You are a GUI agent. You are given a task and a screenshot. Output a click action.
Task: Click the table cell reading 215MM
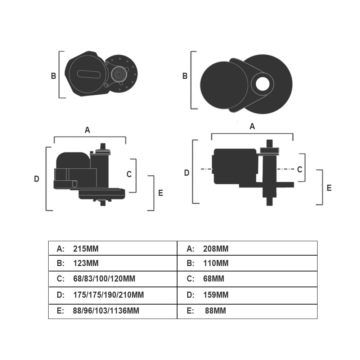pos(86,249)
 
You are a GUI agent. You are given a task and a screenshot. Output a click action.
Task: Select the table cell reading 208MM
pos(216,249)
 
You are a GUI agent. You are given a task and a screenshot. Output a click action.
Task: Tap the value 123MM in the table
pos(86,263)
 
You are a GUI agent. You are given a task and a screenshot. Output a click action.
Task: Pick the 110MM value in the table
pos(216,263)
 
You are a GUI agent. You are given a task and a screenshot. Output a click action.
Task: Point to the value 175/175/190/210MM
pos(108,295)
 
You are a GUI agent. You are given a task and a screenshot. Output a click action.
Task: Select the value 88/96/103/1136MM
pos(106,311)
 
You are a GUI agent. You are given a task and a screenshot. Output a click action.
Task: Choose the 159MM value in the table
pos(216,295)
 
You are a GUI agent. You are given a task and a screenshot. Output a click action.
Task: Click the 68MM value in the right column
pos(213,279)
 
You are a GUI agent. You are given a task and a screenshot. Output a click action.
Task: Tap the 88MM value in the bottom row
pos(215,311)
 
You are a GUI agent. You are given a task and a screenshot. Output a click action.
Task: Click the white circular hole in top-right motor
pos(263,84)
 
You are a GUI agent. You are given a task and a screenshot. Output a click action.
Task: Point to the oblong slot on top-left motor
pos(89,74)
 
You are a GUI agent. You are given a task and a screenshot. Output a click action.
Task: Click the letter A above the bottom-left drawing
pos(87,130)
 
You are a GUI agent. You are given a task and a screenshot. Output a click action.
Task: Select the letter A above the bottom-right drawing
pos(252,126)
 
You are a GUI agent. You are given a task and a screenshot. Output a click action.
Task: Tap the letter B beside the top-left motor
pos(53,76)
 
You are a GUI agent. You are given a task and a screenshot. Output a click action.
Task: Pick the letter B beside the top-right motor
pos(185,76)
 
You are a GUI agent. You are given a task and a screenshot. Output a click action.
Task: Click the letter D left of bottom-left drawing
pos(36,179)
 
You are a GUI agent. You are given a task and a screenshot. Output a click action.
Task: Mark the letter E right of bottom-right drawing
pos(329,188)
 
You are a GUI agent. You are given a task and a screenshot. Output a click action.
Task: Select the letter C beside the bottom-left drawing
pos(129,174)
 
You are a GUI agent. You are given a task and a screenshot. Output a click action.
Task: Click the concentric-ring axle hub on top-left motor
pos(118,74)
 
